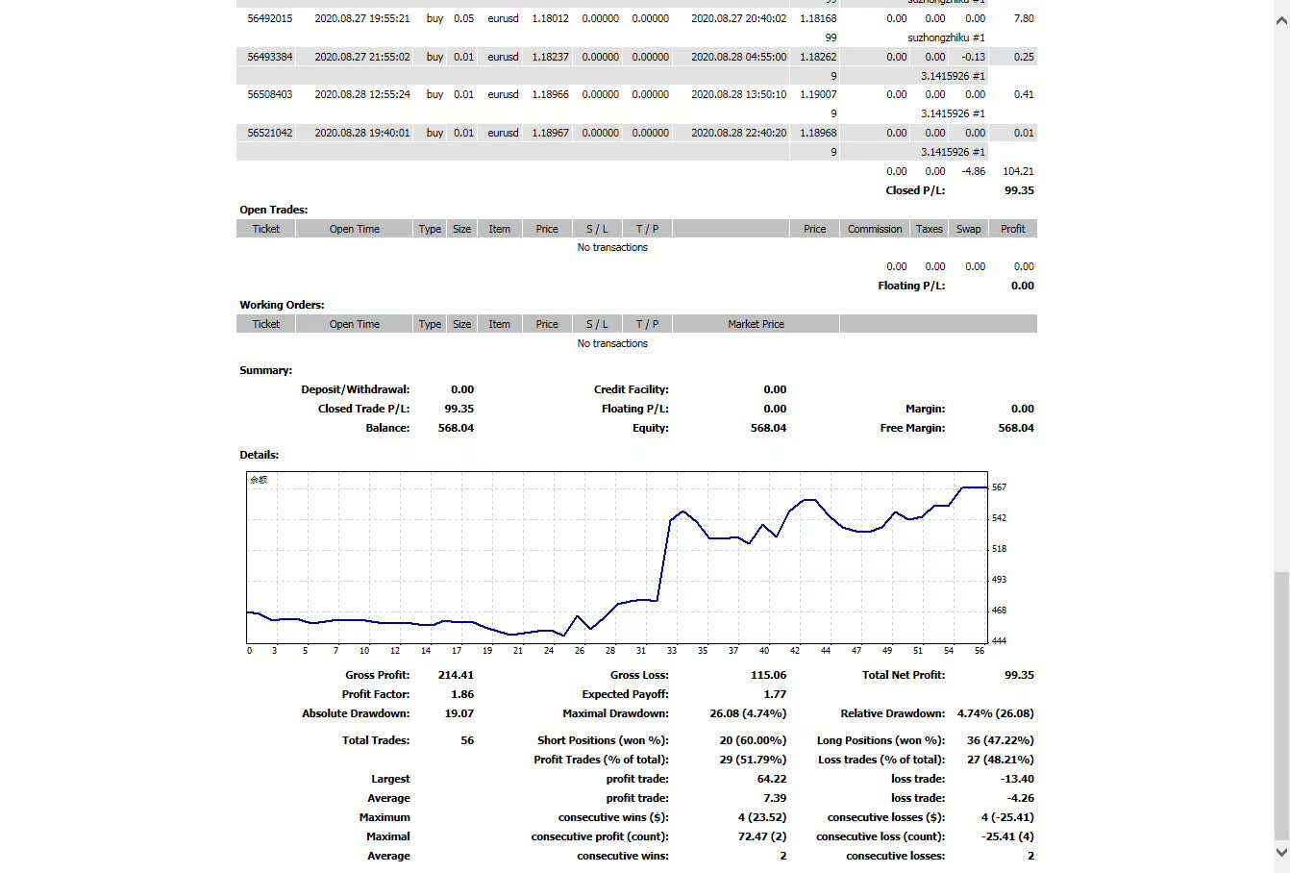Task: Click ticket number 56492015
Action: [270, 18]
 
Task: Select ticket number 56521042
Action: [270, 133]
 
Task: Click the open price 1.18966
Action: [550, 94]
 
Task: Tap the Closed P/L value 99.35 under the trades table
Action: [1019, 190]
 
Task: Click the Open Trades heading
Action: [274, 210]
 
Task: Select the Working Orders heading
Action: [282, 305]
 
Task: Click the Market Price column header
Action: [756, 324]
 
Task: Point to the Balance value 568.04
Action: [456, 428]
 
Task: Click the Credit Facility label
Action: [631, 389]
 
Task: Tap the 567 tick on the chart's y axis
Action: [999, 487]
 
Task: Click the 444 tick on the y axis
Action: [999, 641]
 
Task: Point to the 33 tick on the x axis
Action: [672, 651]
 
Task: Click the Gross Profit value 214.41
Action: [456, 675]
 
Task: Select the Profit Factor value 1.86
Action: [461, 694]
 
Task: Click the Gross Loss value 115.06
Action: [768, 675]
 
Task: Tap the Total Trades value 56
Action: [467, 740]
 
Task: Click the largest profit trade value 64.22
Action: [772, 779]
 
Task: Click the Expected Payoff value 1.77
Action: [775, 694]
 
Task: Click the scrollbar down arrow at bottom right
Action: [1281, 852]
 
